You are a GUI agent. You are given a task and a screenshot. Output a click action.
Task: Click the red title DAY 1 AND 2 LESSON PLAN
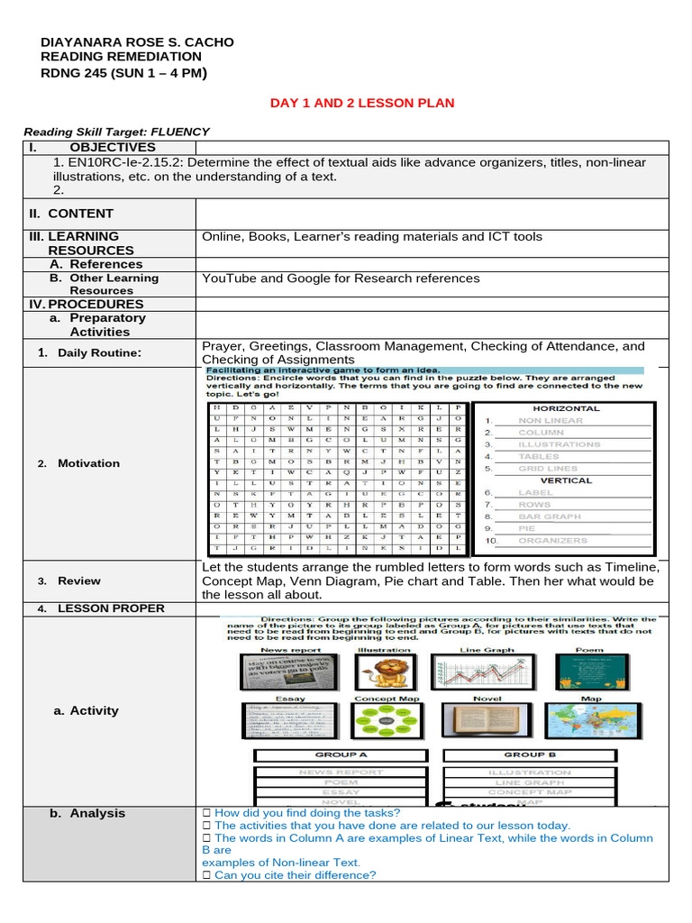(362, 103)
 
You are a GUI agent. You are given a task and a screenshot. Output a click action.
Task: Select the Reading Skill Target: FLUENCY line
(116, 132)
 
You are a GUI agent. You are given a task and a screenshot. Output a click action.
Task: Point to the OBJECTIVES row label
(112, 147)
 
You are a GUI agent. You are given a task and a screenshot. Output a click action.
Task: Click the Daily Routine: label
(99, 352)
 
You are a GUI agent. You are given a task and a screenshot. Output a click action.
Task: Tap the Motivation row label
(88, 463)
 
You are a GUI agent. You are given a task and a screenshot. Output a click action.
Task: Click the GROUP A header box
(340, 754)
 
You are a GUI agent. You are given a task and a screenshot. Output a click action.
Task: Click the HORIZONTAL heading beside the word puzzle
(566, 409)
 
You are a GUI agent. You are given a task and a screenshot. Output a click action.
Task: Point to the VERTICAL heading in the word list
(566, 480)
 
